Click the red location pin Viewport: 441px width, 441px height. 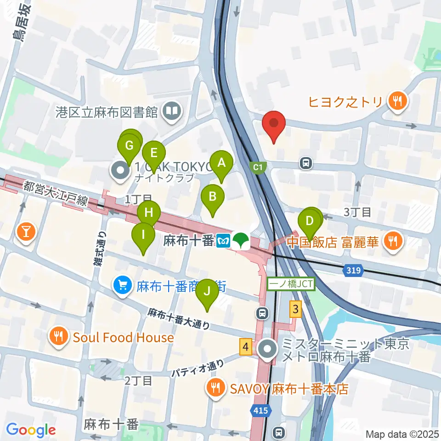coord(274,124)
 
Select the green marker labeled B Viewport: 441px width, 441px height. coord(213,197)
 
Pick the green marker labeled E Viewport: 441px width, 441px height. coord(153,153)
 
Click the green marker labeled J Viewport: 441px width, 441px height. coord(207,291)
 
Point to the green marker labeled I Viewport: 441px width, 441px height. coord(143,235)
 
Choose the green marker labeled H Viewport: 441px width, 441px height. coord(149,213)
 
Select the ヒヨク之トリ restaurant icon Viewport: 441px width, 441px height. coord(396,101)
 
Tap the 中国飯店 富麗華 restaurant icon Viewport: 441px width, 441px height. coord(392,241)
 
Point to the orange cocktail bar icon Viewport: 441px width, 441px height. coord(26,231)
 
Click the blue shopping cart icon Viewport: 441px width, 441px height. coord(122,287)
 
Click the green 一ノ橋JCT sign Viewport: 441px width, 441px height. coord(291,285)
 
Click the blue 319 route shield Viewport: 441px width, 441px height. coord(353,271)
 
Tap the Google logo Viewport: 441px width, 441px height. coord(31,430)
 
